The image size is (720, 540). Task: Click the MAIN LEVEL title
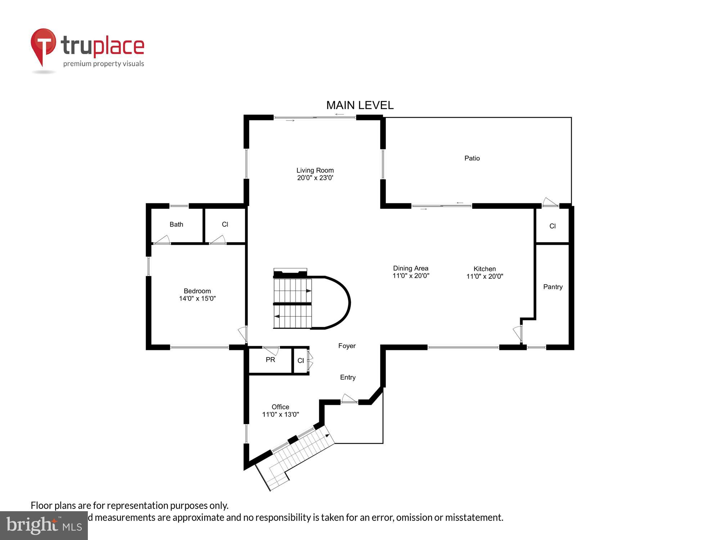[360, 105]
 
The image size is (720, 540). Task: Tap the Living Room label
[315, 170]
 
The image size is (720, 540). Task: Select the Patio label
[472, 158]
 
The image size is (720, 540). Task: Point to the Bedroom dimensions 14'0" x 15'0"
[197, 298]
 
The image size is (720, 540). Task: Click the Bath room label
[176, 224]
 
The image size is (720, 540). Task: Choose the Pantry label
[553, 287]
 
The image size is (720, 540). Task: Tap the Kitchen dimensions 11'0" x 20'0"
[485, 276]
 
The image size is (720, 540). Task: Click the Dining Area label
[410, 268]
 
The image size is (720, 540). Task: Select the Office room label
[280, 407]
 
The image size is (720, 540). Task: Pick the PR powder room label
[270, 360]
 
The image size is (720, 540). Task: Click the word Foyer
[347, 346]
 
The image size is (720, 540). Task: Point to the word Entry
[348, 377]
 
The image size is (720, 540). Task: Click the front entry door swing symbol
[348, 399]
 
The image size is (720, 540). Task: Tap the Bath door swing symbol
[162, 240]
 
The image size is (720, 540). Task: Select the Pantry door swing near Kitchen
[518, 333]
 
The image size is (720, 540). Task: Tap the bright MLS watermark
[44, 526]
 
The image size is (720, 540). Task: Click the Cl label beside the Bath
[225, 224]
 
